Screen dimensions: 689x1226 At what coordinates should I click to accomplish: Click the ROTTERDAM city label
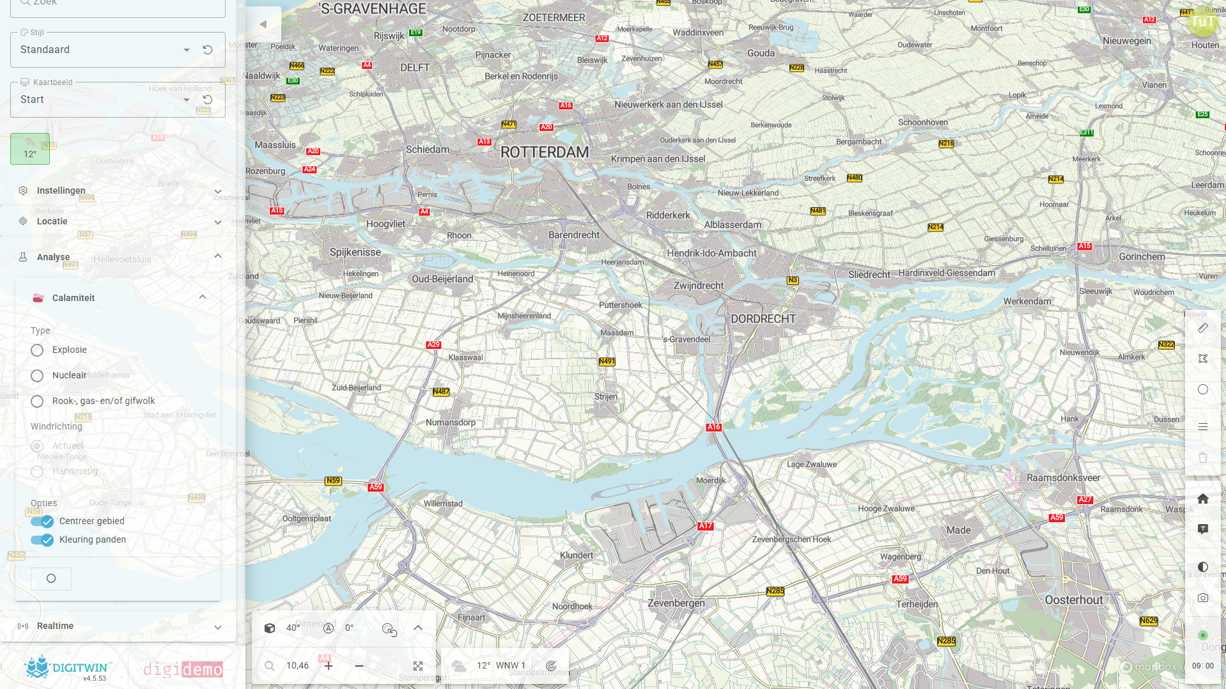544,153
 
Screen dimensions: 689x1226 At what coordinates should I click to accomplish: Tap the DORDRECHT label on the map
763,319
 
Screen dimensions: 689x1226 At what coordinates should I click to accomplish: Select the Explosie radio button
37,350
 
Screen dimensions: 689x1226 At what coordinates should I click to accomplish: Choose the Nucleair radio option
37,376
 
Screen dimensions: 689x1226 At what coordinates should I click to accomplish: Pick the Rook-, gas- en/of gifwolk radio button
37,401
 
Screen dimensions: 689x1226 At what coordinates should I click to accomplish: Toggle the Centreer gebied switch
42,522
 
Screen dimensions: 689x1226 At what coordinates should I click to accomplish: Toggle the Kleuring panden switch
42,540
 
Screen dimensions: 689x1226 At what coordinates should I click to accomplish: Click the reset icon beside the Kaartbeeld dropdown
208,100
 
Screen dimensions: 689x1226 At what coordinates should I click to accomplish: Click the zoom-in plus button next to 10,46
329,666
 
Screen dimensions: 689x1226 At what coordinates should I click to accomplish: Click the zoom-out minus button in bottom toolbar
359,666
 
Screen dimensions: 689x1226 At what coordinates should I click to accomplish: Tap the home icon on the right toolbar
1202,499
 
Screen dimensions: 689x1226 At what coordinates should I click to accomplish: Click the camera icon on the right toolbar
1202,598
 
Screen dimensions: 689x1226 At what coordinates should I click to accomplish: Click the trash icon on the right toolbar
1202,458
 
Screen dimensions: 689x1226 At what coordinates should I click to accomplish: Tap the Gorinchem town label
1142,257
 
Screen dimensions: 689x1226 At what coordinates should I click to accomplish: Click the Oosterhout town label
1074,600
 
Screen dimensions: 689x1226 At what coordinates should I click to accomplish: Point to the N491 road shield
607,362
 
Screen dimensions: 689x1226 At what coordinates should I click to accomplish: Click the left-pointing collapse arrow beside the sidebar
263,24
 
